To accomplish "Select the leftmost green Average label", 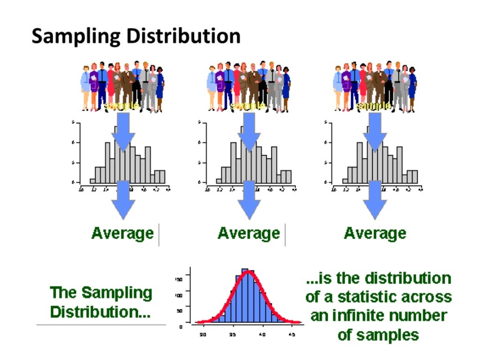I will point(122,233).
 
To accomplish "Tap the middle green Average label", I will point(248,233).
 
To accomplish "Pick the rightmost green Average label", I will point(375,233).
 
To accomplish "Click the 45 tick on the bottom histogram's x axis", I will point(292,335).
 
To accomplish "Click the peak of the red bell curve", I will point(248,272).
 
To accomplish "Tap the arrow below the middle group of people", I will point(249,134).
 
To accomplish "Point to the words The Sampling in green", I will point(101,293).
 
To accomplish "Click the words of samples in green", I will point(378,335).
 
